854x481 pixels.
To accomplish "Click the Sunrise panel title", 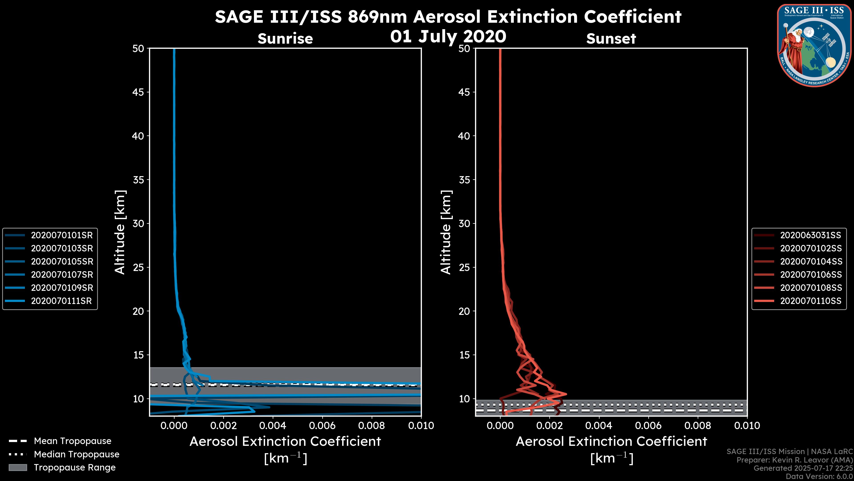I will tap(285, 39).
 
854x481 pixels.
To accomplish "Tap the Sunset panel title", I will tap(611, 39).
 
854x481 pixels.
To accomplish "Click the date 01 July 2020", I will tap(448, 37).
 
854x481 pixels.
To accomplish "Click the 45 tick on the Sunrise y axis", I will tap(138, 92).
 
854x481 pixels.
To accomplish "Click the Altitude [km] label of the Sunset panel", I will tap(446, 232).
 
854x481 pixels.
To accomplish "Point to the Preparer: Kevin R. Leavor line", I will tap(794, 460).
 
